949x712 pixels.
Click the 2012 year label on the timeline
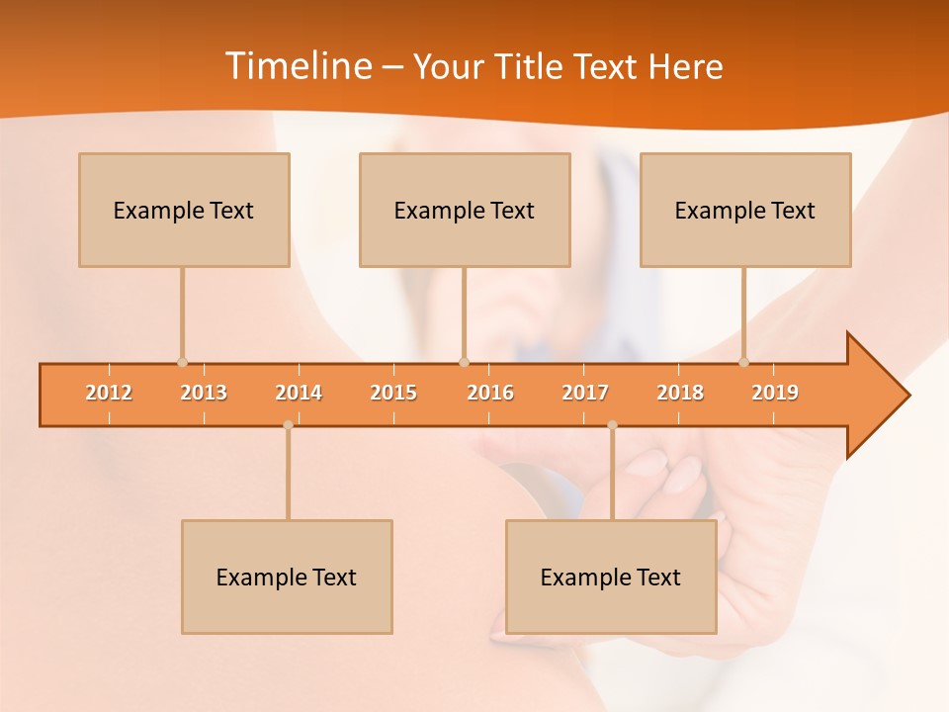click(x=109, y=393)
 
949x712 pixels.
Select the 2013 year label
click(x=204, y=393)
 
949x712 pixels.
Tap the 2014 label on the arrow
click(x=299, y=393)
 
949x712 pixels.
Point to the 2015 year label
click(x=393, y=393)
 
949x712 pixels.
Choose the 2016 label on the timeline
click(x=490, y=393)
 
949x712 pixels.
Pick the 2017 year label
click(x=585, y=393)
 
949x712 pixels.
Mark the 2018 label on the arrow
click(x=680, y=393)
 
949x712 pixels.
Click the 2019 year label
click(x=775, y=393)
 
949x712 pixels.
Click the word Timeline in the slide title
click(x=297, y=66)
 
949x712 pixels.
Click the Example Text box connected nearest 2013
click(x=184, y=210)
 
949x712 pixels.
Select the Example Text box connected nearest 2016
click(x=465, y=210)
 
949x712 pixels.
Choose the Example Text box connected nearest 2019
click(x=745, y=210)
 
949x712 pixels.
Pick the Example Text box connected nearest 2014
click(x=287, y=577)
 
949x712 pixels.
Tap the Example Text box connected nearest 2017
click(x=611, y=577)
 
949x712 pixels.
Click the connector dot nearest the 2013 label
click(x=182, y=362)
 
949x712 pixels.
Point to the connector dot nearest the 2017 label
click(x=612, y=425)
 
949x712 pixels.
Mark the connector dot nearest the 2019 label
click(x=743, y=362)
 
